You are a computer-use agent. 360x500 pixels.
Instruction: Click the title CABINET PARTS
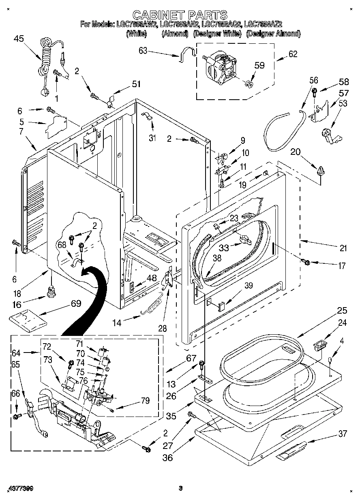pyautogui.click(x=180, y=15)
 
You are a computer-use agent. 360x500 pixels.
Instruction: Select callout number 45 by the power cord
pyautogui.click(x=19, y=39)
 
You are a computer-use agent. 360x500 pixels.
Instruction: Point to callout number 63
pyautogui.click(x=143, y=51)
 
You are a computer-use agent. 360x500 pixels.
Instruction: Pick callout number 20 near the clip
pyautogui.click(x=295, y=152)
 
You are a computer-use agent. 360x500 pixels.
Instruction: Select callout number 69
pyautogui.click(x=75, y=303)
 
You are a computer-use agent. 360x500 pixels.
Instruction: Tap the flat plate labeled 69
pyautogui.click(x=28, y=318)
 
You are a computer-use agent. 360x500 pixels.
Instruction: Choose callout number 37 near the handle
pyautogui.click(x=342, y=434)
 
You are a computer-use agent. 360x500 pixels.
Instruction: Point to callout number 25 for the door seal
pyautogui.click(x=342, y=311)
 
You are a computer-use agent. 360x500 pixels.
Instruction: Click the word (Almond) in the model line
pyautogui.click(x=175, y=34)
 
